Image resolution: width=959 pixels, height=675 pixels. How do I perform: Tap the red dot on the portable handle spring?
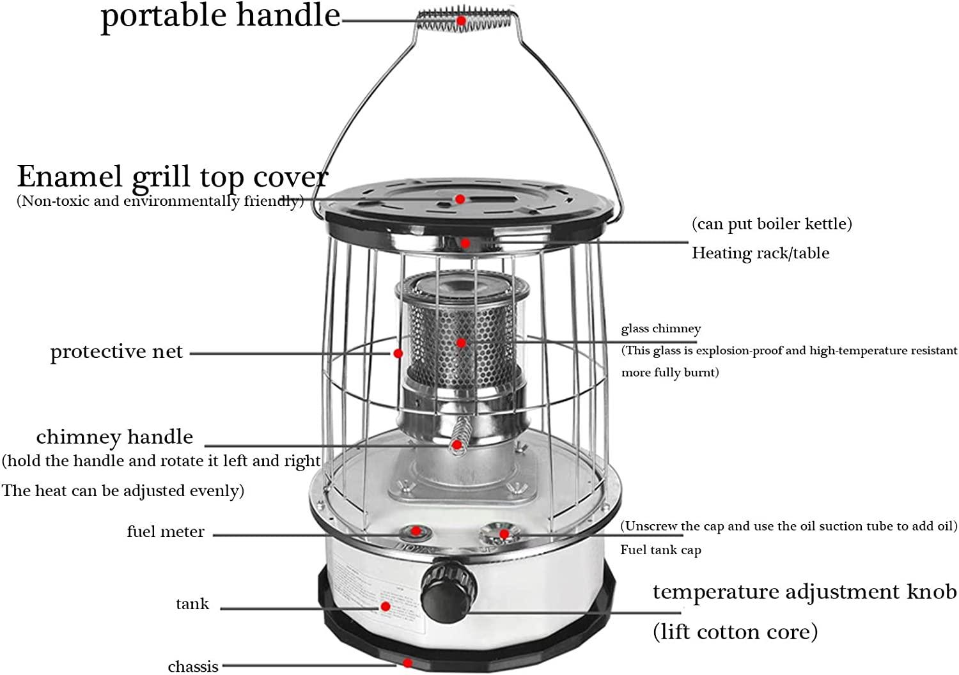tap(461, 20)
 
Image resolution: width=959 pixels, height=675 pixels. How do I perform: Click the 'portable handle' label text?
tap(221, 16)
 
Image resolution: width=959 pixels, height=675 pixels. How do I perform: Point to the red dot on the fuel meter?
tap(416, 531)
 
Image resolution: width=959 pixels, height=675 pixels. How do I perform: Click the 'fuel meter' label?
tap(166, 531)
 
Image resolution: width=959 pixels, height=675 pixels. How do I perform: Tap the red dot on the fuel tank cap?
tap(504, 533)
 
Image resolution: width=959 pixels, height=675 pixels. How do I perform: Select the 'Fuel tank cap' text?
tap(660, 550)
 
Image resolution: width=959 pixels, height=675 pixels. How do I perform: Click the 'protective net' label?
tap(116, 352)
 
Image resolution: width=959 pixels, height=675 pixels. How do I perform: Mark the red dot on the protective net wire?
tap(398, 353)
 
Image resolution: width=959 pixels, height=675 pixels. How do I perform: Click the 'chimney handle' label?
tap(114, 437)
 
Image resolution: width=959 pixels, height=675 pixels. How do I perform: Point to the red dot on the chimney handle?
tap(456, 444)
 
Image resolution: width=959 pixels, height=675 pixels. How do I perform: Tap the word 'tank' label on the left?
tap(192, 604)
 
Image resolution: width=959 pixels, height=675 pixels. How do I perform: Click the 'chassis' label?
tap(193, 667)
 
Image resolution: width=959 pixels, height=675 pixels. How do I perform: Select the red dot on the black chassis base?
tap(408, 663)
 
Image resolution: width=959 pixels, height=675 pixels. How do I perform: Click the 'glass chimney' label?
tap(661, 329)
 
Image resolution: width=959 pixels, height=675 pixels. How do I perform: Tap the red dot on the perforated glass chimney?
tap(461, 343)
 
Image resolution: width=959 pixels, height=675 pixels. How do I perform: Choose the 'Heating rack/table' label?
tap(760, 253)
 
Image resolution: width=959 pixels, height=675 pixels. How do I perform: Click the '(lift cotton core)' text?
tap(735, 632)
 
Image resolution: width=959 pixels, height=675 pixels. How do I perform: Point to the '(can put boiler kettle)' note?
tap(772, 224)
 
